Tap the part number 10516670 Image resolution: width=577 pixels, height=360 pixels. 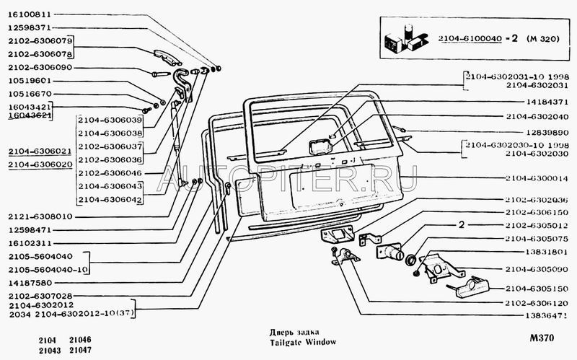click(x=30, y=93)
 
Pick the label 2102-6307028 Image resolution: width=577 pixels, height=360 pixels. click(x=40, y=296)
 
